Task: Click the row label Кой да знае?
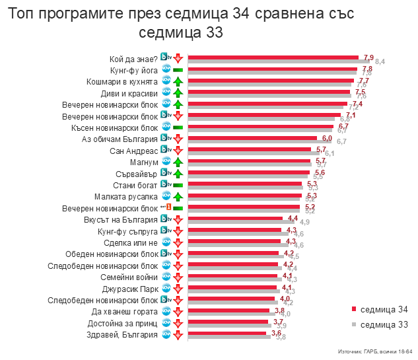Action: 133,58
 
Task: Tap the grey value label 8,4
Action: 380,61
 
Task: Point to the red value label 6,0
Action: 327,137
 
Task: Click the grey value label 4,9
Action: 304,222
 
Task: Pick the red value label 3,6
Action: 277,333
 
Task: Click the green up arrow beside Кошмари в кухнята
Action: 178,81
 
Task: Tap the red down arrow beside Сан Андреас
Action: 178,151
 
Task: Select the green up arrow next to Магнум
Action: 178,162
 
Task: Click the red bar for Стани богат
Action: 245,184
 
